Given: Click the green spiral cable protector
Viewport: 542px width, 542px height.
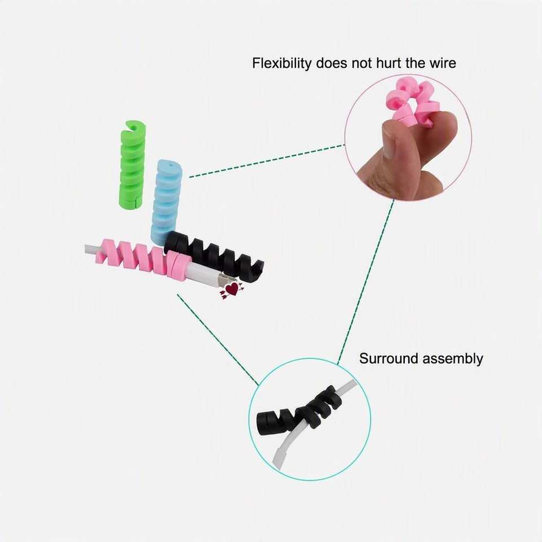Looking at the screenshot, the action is click(133, 165).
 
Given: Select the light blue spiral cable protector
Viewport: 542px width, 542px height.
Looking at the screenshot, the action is click(166, 202).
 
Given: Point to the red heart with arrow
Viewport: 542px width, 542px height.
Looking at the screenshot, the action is click(231, 289).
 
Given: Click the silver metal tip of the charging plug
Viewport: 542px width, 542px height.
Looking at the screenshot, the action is click(225, 281).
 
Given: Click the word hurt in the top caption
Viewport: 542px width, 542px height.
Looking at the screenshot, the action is click(389, 63).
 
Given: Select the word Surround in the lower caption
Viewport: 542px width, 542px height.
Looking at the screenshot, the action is click(389, 359).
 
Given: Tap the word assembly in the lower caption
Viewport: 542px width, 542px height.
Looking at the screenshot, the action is click(452, 359).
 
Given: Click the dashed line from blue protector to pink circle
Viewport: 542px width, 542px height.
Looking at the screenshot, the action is click(267, 161).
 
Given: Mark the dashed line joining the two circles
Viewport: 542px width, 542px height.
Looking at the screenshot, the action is click(366, 282).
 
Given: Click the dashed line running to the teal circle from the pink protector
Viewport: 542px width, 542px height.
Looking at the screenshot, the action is click(218, 340).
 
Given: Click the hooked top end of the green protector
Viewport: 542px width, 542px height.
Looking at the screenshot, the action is click(133, 126).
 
